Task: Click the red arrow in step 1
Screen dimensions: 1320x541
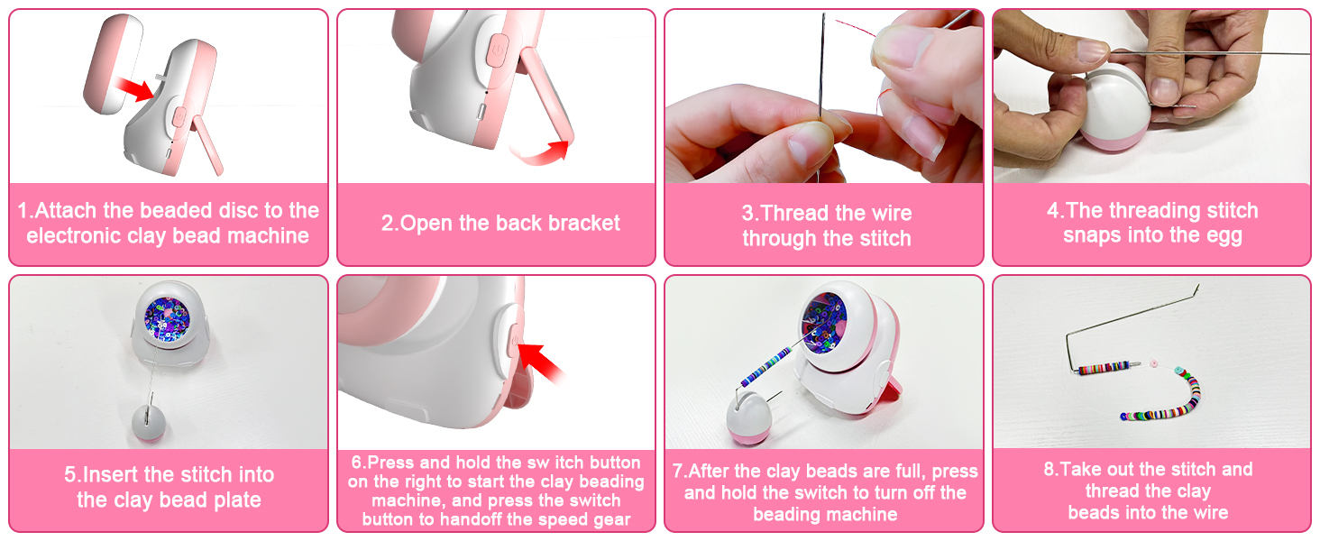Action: coord(133,89)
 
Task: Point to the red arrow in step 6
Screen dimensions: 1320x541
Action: coord(542,363)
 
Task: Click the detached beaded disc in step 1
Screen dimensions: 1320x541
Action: coord(112,64)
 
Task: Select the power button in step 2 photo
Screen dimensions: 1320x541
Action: coord(498,51)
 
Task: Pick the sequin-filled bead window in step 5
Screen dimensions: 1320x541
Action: coord(167,319)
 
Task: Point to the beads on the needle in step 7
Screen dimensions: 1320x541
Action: coord(766,367)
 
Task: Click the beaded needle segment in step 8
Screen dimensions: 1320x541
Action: coord(1103,368)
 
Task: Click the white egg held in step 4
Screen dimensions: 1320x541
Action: coord(1114,109)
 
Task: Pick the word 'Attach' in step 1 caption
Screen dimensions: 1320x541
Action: coord(66,211)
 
